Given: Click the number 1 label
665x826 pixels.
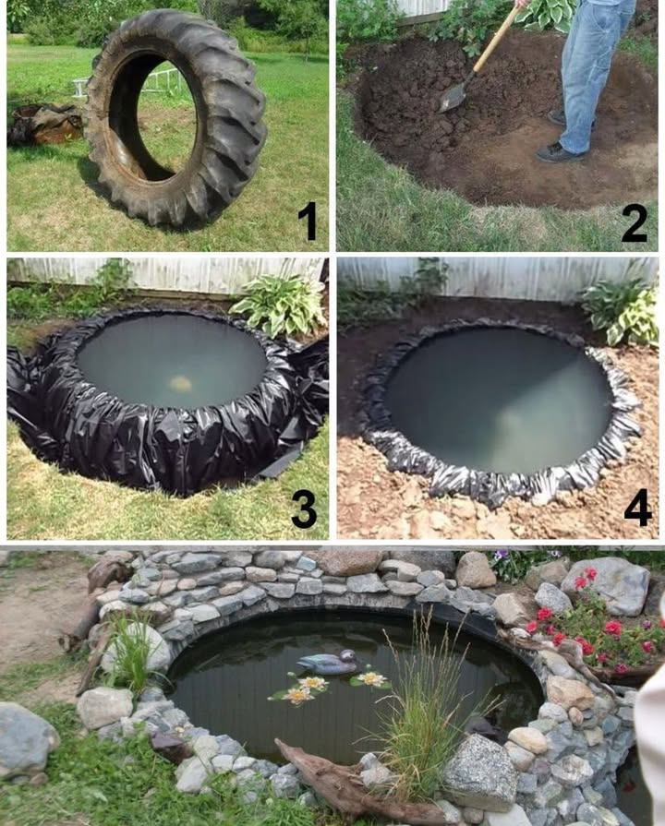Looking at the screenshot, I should (x=307, y=221).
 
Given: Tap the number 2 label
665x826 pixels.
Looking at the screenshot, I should (x=633, y=221).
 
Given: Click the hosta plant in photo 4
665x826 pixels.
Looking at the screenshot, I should (x=619, y=309).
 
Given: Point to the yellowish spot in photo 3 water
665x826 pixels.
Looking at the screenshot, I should (x=181, y=382).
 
